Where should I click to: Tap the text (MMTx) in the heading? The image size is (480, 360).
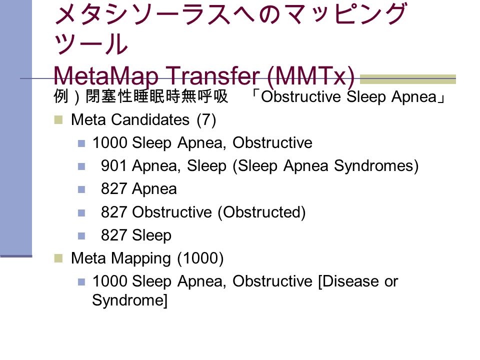coord(310,76)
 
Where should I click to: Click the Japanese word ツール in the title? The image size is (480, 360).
coord(90,44)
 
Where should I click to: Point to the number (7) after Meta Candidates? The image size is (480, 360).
coord(206,119)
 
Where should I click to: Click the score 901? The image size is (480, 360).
coord(113,166)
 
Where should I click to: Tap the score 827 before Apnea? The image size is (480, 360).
coord(113,189)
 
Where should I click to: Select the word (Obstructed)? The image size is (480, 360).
coord(261,212)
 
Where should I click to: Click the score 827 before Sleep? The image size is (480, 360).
coord(113,235)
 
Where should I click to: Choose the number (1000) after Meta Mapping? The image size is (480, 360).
coord(200,258)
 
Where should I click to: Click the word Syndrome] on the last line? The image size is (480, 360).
coord(130,300)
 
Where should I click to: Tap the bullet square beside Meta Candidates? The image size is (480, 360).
coord(58,119)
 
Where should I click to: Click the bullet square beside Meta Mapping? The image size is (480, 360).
coord(58,258)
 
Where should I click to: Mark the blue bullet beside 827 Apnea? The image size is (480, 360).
coord(81,189)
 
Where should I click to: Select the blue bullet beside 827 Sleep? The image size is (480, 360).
coord(81,235)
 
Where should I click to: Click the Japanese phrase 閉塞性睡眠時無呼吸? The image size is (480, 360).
coord(156,96)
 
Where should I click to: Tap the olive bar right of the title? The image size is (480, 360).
coord(408,79)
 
